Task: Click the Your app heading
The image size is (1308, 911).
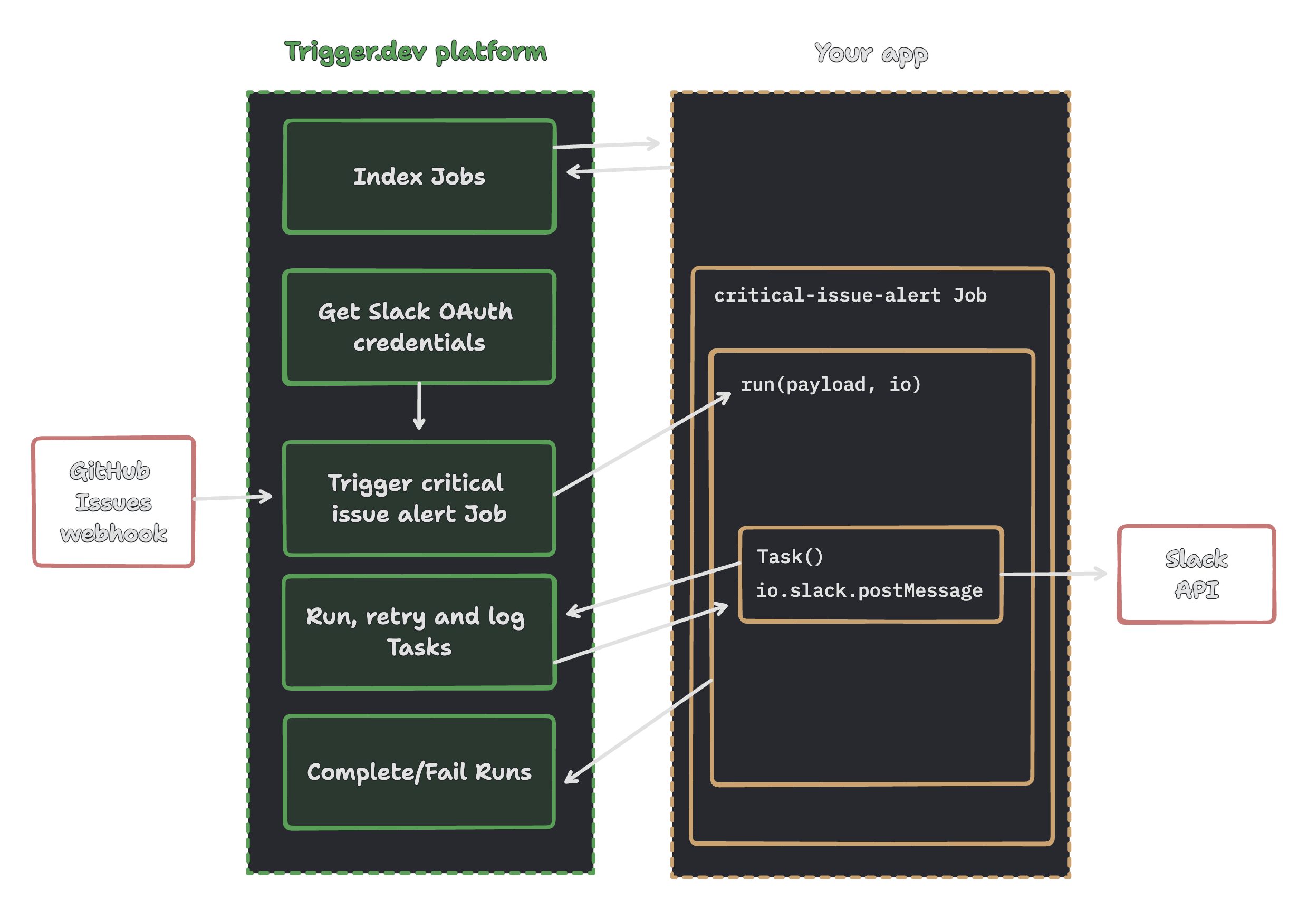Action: click(x=871, y=54)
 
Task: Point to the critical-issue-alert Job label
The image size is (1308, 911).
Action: click(x=850, y=295)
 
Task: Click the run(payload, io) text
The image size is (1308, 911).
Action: click(x=831, y=384)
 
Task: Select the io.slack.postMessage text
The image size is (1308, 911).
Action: click(x=869, y=590)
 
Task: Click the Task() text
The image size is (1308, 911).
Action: click(x=790, y=556)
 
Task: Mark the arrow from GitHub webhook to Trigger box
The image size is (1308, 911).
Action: click(x=233, y=497)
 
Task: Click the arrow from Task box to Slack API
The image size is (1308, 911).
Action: click(x=1054, y=574)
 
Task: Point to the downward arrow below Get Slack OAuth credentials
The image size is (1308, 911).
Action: click(x=419, y=405)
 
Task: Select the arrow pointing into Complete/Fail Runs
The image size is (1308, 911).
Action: click(x=638, y=731)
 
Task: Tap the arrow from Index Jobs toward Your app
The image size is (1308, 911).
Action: click(x=606, y=144)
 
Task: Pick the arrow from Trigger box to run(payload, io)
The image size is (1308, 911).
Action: click(x=642, y=443)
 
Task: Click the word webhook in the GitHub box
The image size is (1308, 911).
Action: click(x=114, y=534)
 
